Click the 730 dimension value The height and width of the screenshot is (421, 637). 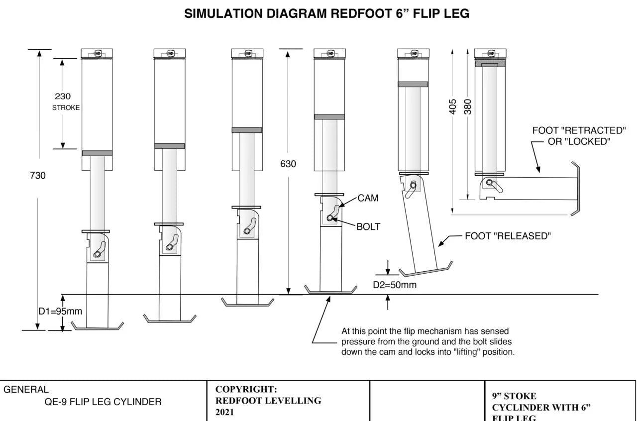[38, 175]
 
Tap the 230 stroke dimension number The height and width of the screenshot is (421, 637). [62, 97]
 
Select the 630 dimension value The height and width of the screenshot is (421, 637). [288, 164]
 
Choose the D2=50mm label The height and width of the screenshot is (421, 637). [395, 285]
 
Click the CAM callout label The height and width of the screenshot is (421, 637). [368, 198]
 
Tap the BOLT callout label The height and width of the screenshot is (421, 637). [368, 227]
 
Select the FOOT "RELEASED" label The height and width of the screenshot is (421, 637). [508, 236]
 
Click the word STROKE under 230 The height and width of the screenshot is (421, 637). [66, 108]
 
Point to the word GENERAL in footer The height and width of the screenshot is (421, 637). [26, 390]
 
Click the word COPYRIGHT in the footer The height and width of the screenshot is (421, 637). [246, 389]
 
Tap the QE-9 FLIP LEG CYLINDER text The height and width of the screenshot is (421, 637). [103, 402]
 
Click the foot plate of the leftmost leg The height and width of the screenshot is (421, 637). [98, 326]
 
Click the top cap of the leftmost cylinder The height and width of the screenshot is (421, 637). [97, 53]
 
